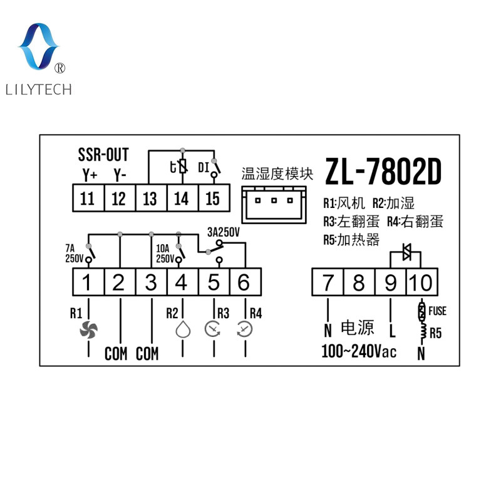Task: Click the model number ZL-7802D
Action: click(383, 172)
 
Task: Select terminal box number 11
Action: click(88, 198)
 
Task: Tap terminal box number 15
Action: click(214, 198)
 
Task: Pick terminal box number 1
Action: click(88, 282)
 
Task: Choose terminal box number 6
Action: click(245, 282)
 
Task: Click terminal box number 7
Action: click(328, 282)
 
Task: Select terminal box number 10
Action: click(421, 282)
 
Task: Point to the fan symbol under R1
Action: click(88, 330)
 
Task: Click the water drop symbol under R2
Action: click(183, 329)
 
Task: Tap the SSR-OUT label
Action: click(103, 155)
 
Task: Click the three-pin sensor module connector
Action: click(274, 205)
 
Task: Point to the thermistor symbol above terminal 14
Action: click(182, 167)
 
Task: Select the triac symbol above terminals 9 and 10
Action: click(406, 252)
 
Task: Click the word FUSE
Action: click(437, 311)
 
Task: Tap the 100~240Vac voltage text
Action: click(359, 351)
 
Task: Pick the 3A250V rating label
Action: click(224, 232)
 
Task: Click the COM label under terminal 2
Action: click(116, 354)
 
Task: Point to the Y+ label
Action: click(90, 175)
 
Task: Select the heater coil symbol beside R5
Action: click(423, 331)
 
